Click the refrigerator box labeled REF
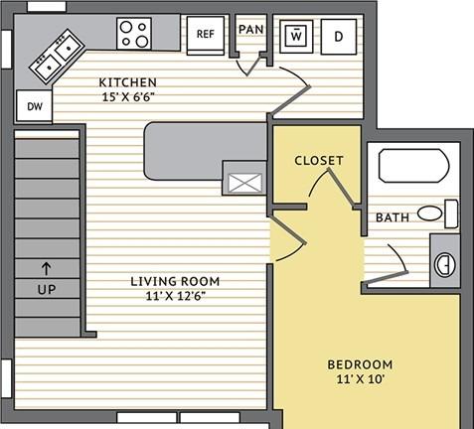(x=206, y=36)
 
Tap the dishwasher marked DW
(x=34, y=105)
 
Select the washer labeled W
(x=296, y=36)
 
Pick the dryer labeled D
(x=339, y=36)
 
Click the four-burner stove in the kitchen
(x=134, y=34)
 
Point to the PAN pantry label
(x=251, y=29)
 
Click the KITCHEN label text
(x=128, y=82)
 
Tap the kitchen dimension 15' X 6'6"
(x=128, y=97)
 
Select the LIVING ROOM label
(x=175, y=281)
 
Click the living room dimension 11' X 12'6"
(x=176, y=296)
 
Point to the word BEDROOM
(x=360, y=364)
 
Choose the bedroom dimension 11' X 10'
(x=360, y=378)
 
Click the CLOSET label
(x=319, y=161)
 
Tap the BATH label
(x=393, y=217)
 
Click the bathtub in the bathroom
(x=413, y=166)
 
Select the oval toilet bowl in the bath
(x=429, y=214)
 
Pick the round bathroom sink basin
(x=445, y=265)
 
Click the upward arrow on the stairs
(x=47, y=268)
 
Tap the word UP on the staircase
(x=47, y=289)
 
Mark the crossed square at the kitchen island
(x=245, y=183)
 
